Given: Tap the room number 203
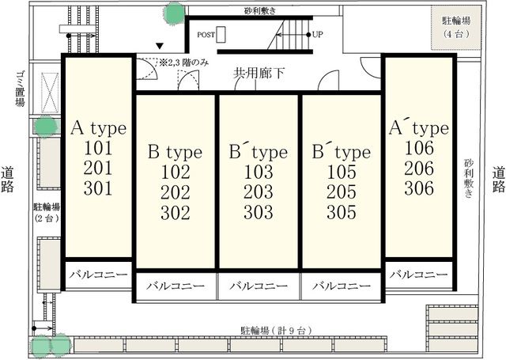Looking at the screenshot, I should point(258,192).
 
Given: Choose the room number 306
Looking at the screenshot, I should point(418,188).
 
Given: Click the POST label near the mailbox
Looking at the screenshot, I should point(207,35).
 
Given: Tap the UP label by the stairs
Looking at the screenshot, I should point(318,35).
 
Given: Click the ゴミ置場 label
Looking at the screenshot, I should point(19,92).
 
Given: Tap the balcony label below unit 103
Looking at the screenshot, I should point(258,286).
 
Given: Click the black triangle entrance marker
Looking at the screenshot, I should point(160,47).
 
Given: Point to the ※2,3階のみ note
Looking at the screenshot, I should point(183,62).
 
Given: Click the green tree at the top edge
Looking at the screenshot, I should point(173,12).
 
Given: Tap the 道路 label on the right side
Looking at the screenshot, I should point(498,180).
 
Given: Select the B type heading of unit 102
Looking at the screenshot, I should point(175,152).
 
